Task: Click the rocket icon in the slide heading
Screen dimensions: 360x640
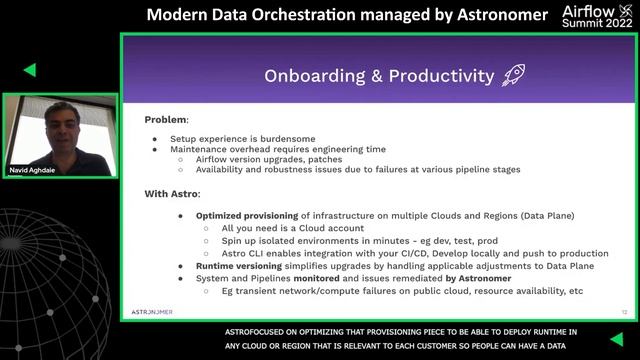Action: click(x=513, y=75)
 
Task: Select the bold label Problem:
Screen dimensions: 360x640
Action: click(x=167, y=119)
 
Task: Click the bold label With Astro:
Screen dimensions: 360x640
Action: click(x=172, y=193)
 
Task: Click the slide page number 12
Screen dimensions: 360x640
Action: click(x=624, y=311)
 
